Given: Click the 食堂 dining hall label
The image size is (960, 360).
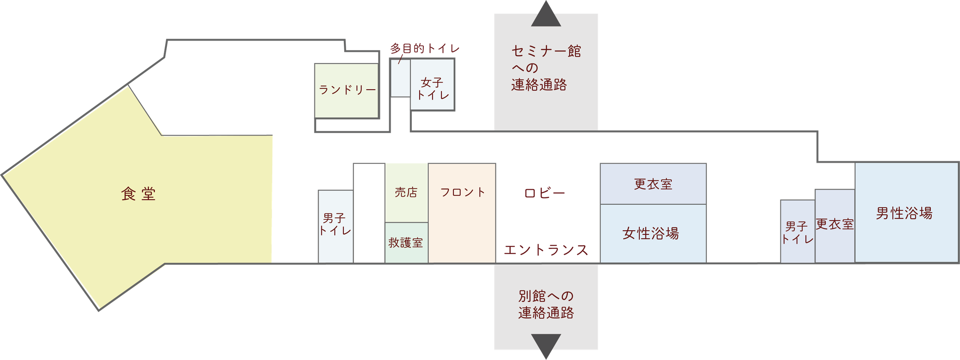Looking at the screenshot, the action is [138, 194].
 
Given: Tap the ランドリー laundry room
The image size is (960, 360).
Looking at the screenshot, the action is [346, 91].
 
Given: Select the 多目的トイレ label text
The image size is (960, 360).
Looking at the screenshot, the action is [424, 48].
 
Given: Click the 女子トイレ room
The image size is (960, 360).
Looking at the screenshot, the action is [432, 85].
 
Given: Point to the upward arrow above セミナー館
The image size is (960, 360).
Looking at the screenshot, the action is [546, 13].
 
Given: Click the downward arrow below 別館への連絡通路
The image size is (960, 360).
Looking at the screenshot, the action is [546, 346].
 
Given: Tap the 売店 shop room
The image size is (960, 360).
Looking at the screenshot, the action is [406, 193].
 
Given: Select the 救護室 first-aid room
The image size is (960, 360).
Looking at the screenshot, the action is [406, 243].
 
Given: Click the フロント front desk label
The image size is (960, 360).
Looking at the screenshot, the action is [463, 192].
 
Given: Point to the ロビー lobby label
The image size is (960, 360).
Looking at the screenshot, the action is [544, 193].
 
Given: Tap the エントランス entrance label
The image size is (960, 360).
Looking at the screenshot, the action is [546, 250].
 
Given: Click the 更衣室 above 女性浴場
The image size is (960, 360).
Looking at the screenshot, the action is [653, 184].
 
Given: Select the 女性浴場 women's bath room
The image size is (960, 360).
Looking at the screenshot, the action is [653, 234].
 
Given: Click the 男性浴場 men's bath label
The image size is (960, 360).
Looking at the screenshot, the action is [904, 213].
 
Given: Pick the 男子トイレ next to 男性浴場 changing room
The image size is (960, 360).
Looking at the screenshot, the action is [798, 231].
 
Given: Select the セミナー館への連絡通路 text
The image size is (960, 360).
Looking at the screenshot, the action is [546, 68].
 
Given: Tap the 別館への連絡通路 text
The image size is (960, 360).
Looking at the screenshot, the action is [546, 304].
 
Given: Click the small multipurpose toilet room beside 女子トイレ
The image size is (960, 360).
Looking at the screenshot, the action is [400, 78].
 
